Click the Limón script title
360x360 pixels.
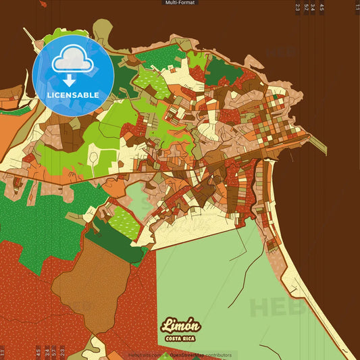(180, 326)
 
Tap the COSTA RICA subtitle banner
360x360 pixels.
(180, 338)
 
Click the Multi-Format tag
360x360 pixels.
(180, 3)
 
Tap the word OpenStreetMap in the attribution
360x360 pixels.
(190, 355)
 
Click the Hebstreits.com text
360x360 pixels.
(145, 355)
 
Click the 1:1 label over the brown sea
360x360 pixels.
(357, 7)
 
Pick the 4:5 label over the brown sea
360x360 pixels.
(322, 7)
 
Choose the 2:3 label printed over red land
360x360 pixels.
(62, 351)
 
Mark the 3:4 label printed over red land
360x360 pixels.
(45, 351)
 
